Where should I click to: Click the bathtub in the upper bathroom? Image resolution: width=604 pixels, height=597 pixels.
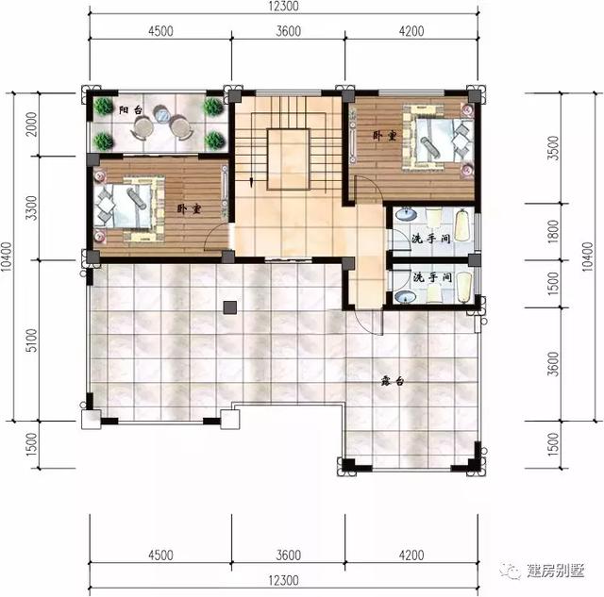pos(461,226)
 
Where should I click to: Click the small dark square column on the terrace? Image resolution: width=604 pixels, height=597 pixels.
pos(228,307)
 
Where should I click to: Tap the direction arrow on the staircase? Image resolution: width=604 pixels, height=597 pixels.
pos(252,178)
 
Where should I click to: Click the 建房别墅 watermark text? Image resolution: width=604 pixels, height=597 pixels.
pos(556,572)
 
